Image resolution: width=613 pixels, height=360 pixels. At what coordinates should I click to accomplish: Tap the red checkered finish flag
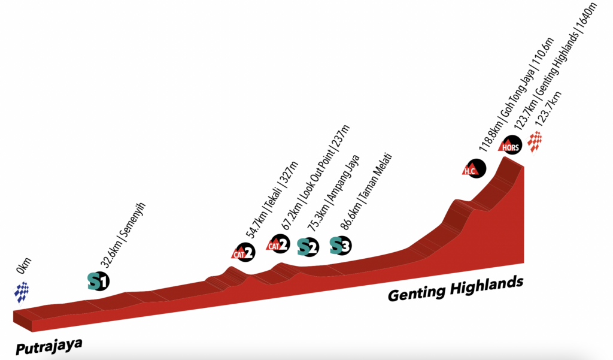535,142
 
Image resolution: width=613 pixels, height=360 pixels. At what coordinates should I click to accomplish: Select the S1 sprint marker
98,280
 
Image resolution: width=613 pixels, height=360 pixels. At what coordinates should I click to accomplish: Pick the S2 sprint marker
308,246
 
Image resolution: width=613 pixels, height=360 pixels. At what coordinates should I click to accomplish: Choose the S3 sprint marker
341,245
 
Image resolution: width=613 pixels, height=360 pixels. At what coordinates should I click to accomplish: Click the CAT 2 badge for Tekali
244,252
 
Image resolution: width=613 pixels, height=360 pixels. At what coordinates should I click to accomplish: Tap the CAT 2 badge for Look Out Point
278,244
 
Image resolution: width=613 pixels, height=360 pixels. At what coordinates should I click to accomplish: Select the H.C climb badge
474,168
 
